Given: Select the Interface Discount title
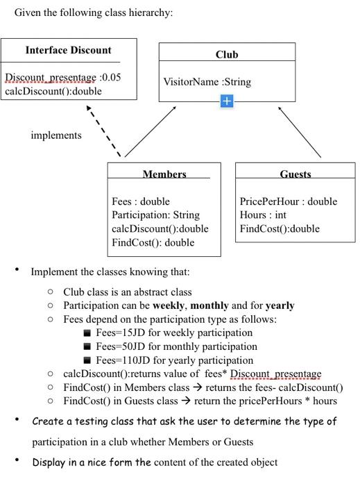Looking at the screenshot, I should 68,51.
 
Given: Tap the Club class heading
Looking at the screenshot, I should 226,55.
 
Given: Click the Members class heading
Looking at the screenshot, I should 164,174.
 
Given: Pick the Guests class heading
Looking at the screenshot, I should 295,174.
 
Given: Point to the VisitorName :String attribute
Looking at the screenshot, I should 207,83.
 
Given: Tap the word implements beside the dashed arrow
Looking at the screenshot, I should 56,135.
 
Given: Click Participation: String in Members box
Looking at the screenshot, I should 155,215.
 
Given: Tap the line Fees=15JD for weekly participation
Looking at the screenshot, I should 174,333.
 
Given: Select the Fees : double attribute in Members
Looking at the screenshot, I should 141,201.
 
